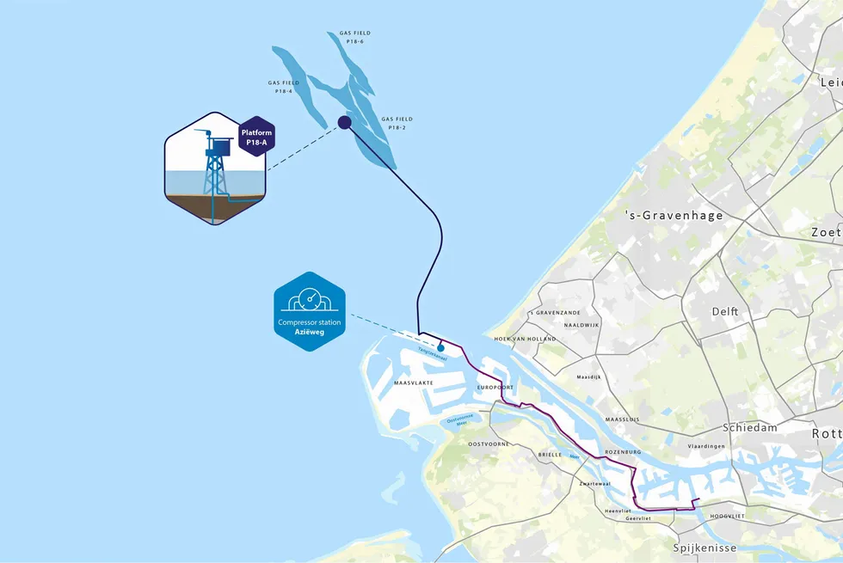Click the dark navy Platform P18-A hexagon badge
click(x=256, y=137)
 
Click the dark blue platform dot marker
click(x=344, y=122)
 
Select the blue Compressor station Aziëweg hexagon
click(x=309, y=312)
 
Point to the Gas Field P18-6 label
click(x=348, y=37)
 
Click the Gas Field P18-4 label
click(x=285, y=87)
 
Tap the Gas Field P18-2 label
click(x=397, y=123)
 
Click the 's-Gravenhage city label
click(x=674, y=216)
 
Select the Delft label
click(x=725, y=311)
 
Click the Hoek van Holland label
click(x=520, y=339)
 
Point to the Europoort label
click(x=495, y=389)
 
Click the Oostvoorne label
click(x=488, y=444)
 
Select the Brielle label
click(x=549, y=454)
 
